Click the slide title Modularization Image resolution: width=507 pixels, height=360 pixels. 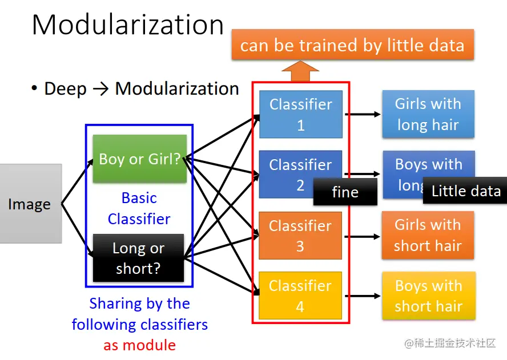[x=127, y=25]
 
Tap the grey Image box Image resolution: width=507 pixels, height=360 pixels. [x=30, y=204]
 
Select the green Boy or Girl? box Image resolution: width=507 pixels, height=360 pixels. [x=139, y=159]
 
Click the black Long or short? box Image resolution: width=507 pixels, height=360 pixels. [x=138, y=258]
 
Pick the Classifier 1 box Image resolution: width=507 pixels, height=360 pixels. [x=300, y=114]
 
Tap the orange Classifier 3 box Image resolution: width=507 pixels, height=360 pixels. [x=300, y=236]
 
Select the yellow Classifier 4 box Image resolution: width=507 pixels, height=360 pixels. [x=300, y=296]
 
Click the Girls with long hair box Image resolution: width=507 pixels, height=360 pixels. [x=428, y=114]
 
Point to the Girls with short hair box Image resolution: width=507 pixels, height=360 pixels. [x=428, y=235]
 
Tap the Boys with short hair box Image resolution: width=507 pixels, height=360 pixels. [x=428, y=296]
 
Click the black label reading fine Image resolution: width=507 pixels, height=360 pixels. [x=345, y=192]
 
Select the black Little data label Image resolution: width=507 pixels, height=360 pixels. [x=465, y=191]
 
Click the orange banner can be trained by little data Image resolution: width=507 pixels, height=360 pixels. [x=352, y=45]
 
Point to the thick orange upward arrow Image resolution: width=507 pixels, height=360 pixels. [x=300, y=72]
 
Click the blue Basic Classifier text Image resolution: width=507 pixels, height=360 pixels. [x=139, y=208]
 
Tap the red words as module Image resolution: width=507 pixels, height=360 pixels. [x=139, y=345]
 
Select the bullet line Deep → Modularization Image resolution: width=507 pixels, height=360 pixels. [x=135, y=89]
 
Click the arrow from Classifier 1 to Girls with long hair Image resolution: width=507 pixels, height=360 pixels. [x=363, y=114]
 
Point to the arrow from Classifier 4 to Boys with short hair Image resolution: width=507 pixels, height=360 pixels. [x=362, y=296]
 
